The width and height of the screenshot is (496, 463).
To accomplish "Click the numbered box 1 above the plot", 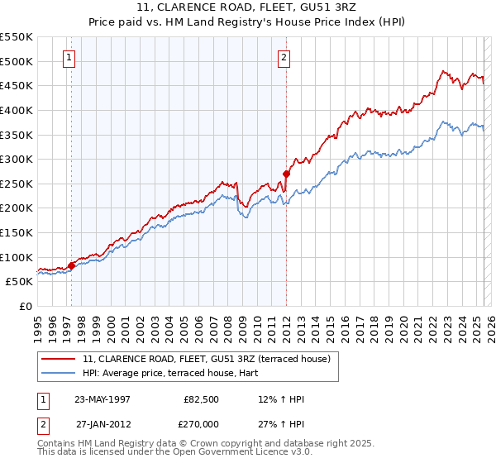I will click(68, 58).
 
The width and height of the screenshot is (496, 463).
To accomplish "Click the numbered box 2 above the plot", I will click(284, 58).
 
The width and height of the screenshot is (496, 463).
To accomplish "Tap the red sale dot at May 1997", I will click(72, 265).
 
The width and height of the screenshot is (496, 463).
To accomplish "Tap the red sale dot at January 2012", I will click(286, 174).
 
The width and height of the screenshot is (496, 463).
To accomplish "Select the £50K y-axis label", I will click(19, 281).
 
